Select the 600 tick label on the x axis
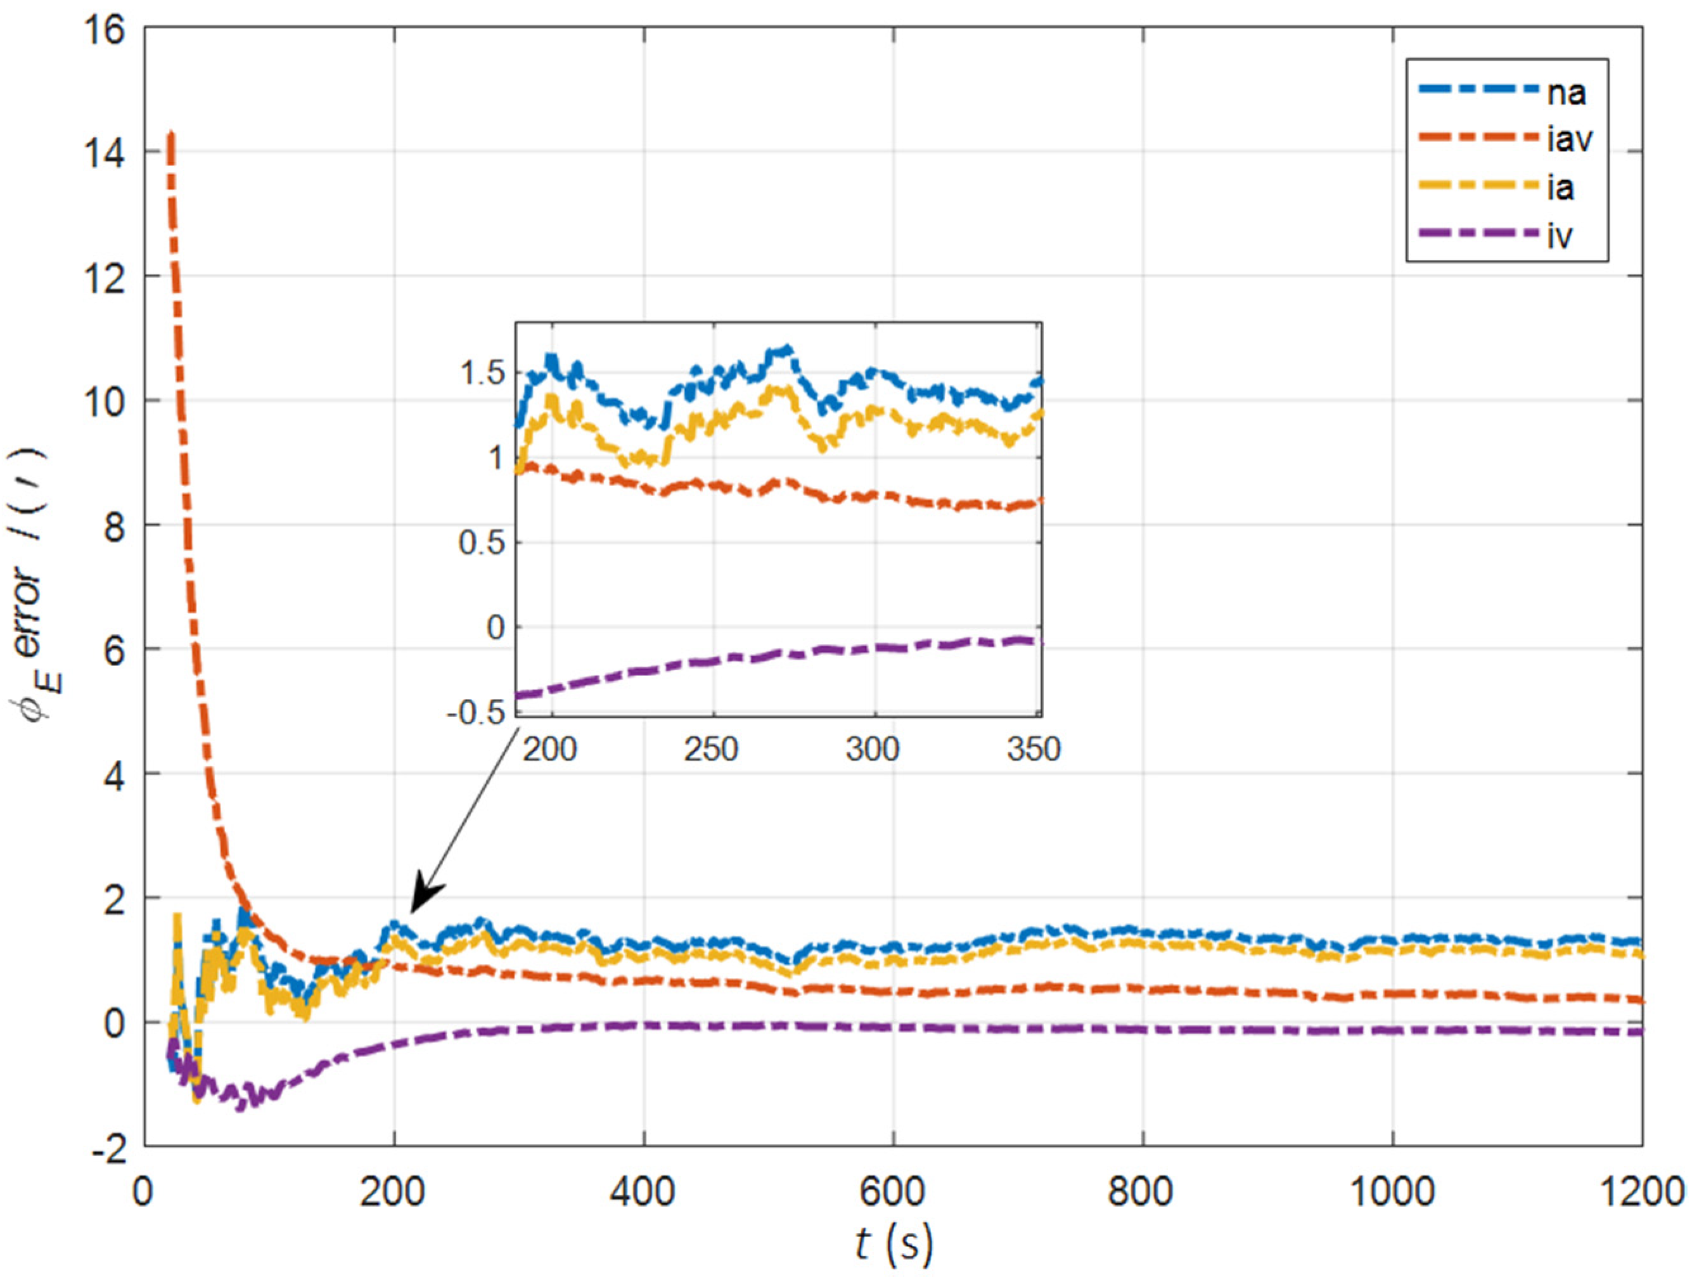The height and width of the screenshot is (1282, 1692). [x=893, y=1192]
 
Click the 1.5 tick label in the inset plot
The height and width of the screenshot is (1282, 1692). [x=483, y=374]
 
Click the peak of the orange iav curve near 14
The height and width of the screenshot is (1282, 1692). [x=171, y=136]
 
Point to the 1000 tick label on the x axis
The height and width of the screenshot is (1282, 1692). [x=1392, y=1192]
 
